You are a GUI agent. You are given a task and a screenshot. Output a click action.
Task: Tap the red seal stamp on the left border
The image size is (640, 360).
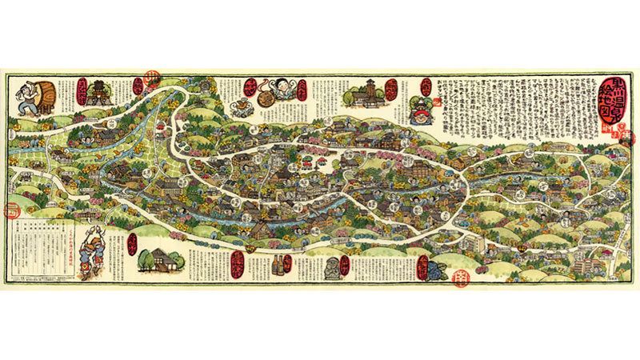(x=10, y=211)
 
